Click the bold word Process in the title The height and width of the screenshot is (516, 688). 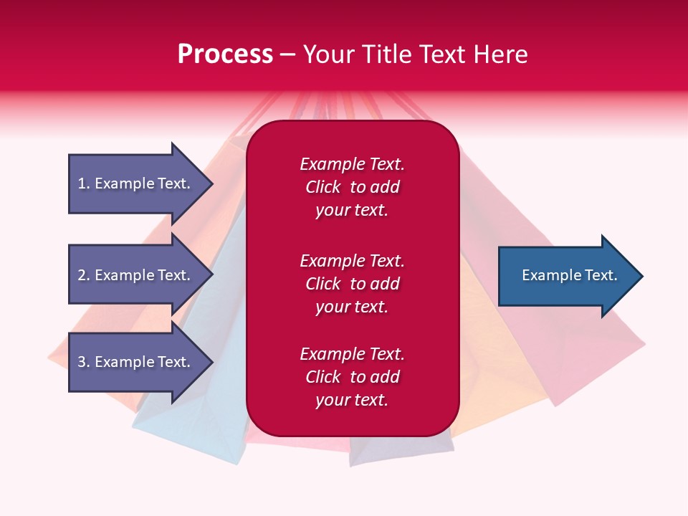[x=225, y=54]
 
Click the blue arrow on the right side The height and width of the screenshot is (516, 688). [x=566, y=276]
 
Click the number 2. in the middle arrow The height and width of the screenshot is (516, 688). [x=83, y=275]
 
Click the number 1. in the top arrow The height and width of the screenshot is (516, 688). [x=83, y=183]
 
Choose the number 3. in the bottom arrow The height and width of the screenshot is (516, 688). [x=83, y=362]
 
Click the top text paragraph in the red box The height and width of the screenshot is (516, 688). [x=352, y=187]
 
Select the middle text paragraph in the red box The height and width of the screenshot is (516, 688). [x=352, y=284]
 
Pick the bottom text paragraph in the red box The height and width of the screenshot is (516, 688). [x=352, y=377]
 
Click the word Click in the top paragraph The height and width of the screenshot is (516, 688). [x=322, y=187]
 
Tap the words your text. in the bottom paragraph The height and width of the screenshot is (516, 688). [x=352, y=400]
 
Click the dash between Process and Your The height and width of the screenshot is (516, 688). [x=288, y=54]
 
